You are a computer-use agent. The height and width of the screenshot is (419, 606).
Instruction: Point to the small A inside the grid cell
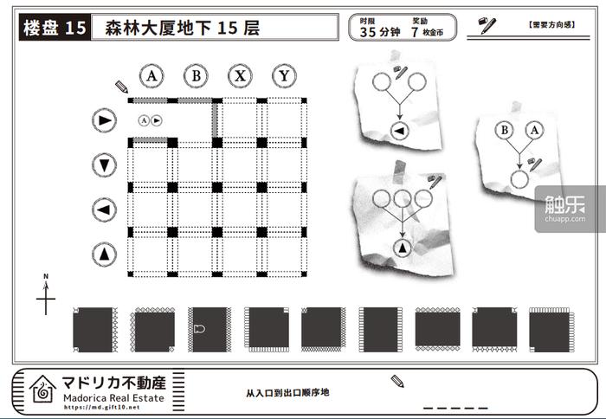[144, 120]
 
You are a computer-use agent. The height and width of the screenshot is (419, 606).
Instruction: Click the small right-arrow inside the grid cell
[156, 120]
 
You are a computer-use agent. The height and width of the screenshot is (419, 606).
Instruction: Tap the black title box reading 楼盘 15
[55, 27]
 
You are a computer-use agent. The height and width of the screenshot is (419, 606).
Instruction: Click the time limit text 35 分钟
[380, 32]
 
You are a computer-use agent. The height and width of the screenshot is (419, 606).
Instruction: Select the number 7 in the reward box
[415, 32]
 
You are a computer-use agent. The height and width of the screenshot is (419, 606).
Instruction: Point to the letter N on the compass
[46, 276]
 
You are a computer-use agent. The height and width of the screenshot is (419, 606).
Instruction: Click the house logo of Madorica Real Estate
[43, 389]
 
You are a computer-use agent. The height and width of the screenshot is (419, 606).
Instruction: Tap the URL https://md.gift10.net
[101, 407]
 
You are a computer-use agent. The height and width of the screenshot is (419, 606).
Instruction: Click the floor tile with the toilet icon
[210, 330]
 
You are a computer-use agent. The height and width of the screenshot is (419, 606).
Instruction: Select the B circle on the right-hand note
[505, 130]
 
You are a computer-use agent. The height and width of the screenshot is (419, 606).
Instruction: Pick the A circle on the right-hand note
[534, 130]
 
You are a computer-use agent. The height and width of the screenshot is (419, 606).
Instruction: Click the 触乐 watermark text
[564, 204]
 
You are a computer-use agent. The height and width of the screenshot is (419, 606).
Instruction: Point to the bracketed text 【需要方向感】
[551, 25]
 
